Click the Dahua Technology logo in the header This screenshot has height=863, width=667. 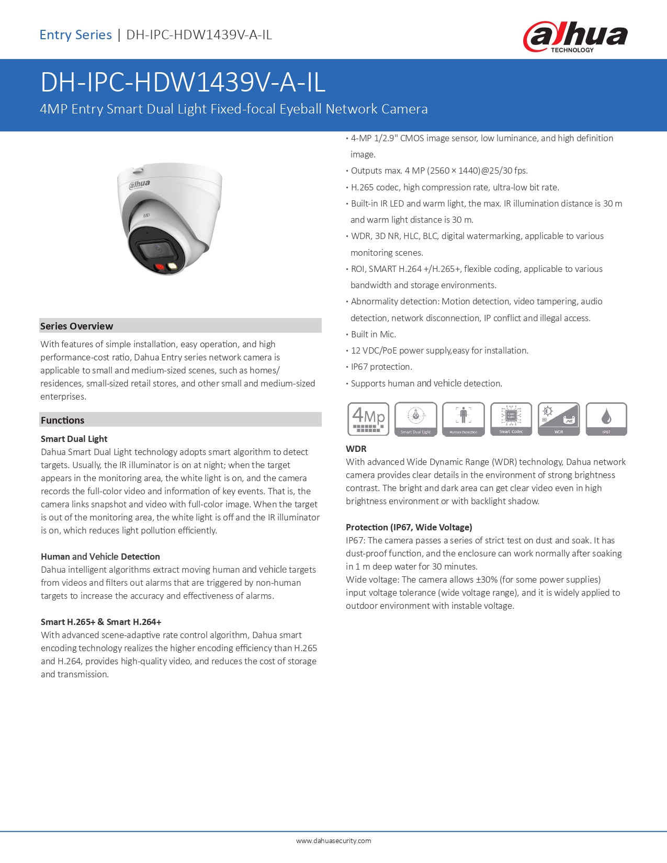(575, 37)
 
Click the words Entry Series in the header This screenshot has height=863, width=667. (76, 35)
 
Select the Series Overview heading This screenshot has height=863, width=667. (77, 326)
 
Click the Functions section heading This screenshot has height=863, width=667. (62, 420)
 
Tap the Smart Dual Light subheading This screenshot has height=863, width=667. (74, 439)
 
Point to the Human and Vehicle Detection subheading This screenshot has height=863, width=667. (100, 557)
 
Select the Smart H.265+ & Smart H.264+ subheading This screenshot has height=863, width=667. (101, 622)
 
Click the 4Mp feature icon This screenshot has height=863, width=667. (368, 418)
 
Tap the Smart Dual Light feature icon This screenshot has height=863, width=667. (416, 418)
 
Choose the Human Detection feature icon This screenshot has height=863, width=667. (463, 418)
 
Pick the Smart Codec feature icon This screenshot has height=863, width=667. (511, 418)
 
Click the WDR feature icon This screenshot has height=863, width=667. (559, 418)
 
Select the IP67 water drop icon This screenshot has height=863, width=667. (606, 417)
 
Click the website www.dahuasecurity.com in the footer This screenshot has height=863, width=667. (333, 841)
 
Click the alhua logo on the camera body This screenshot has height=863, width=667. (140, 184)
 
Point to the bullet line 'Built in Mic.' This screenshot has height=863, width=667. (374, 334)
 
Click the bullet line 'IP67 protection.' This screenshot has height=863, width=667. (381, 367)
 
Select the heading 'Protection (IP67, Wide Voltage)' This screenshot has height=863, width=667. (409, 527)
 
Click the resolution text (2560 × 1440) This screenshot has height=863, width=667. (454, 171)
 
